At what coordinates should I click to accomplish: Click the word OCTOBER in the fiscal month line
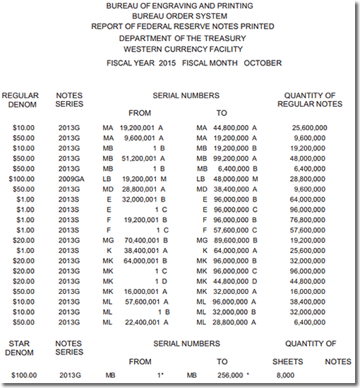point(263,63)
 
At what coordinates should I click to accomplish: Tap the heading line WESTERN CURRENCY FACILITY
point(183,49)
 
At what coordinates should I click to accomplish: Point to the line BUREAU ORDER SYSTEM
point(183,16)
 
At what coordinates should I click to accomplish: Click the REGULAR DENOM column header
point(20,100)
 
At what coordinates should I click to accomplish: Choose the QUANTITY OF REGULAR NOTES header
point(309,100)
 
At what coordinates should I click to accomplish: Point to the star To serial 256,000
point(229,375)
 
